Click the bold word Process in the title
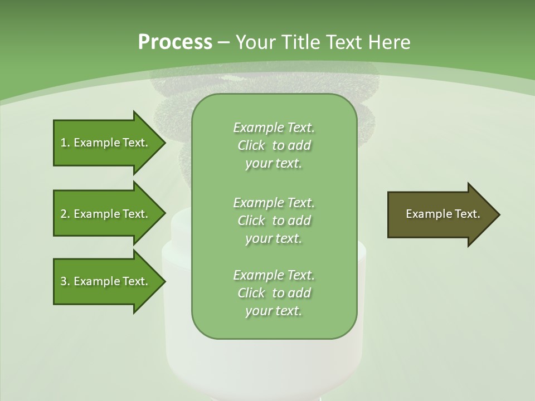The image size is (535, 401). (175, 42)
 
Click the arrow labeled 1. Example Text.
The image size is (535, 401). (106, 143)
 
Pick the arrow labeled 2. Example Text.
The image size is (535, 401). (106, 214)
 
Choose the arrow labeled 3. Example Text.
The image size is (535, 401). (106, 281)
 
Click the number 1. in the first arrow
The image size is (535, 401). (65, 143)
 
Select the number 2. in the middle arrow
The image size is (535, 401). (65, 214)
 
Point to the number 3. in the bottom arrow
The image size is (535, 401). (65, 281)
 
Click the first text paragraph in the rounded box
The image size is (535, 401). (274, 145)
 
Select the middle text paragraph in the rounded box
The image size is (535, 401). (274, 221)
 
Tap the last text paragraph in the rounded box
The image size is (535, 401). (274, 293)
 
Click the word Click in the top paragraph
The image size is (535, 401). (251, 145)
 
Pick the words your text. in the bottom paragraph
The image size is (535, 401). (274, 311)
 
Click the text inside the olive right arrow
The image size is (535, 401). (442, 214)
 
